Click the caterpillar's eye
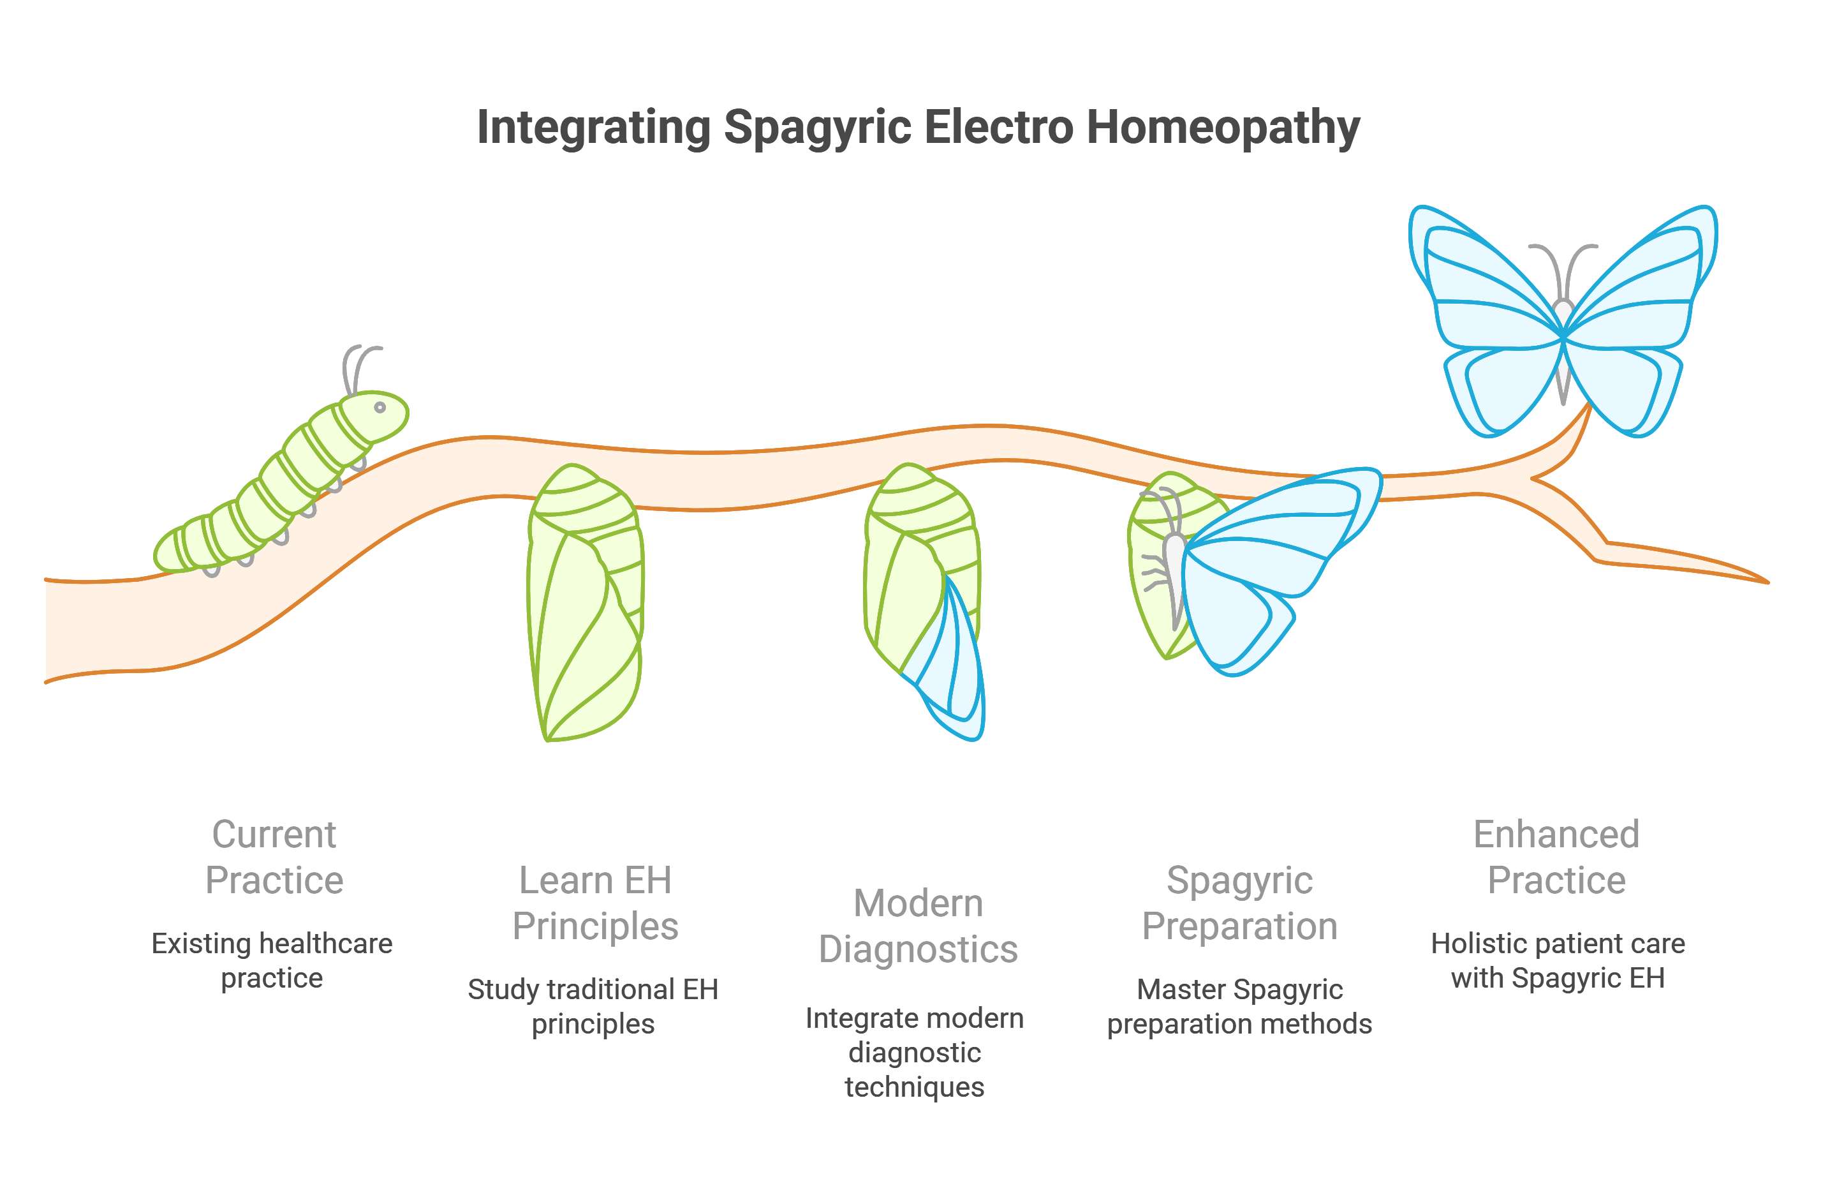(380, 408)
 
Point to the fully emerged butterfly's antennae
(1562, 266)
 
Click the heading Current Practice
(274, 857)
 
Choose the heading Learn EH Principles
(595, 903)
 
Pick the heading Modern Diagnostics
(918, 926)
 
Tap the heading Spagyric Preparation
(1239, 903)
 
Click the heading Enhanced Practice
(1557, 857)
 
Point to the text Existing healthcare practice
(272, 960)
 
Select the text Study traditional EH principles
(593, 1006)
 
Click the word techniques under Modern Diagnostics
(915, 1087)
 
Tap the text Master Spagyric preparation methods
(1239, 1006)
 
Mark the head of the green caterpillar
(374, 415)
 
